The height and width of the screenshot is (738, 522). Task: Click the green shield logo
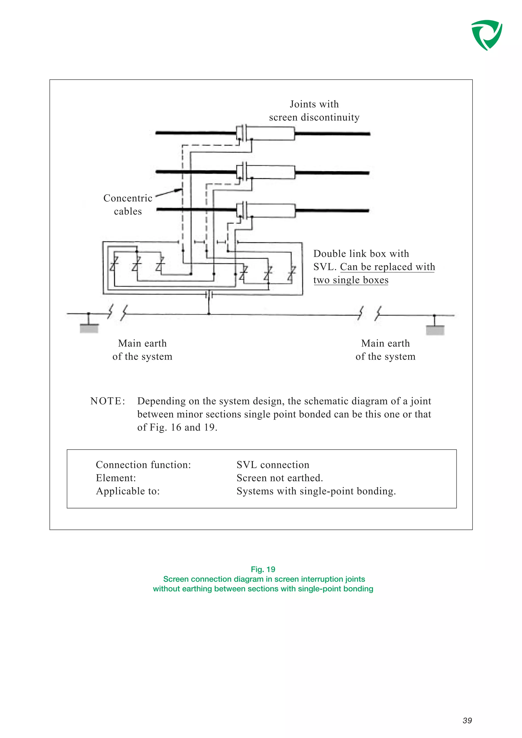pyautogui.click(x=486, y=35)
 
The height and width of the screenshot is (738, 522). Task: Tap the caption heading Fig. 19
pyautogui.click(x=263, y=569)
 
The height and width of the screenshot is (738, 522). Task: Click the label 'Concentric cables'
pyautogui.click(x=128, y=204)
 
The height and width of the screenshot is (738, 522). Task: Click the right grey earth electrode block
pyautogui.click(x=435, y=330)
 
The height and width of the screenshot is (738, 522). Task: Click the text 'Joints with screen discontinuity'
pyautogui.click(x=314, y=111)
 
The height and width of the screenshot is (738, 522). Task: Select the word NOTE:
pyautogui.click(x=107, y=401)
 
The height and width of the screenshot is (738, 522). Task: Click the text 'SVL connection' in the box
pyautogui.click(x=273, y=464)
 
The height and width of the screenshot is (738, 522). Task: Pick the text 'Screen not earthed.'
pyautogui.click(x=280, y=478)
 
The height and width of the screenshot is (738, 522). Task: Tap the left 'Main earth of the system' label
pyautogui.click(x=142, y=350)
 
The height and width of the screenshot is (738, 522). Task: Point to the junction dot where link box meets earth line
pyautogui.click(x=209, y=313)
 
